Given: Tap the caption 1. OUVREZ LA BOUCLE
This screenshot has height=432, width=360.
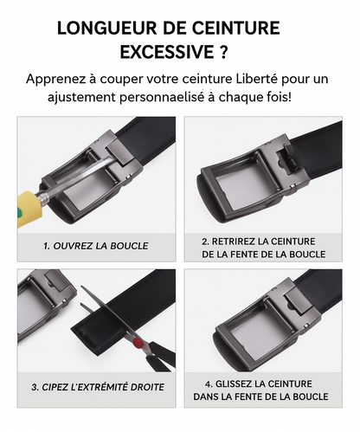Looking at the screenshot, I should [95, 246].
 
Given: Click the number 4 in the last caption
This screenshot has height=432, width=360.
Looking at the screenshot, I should [209, 382].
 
